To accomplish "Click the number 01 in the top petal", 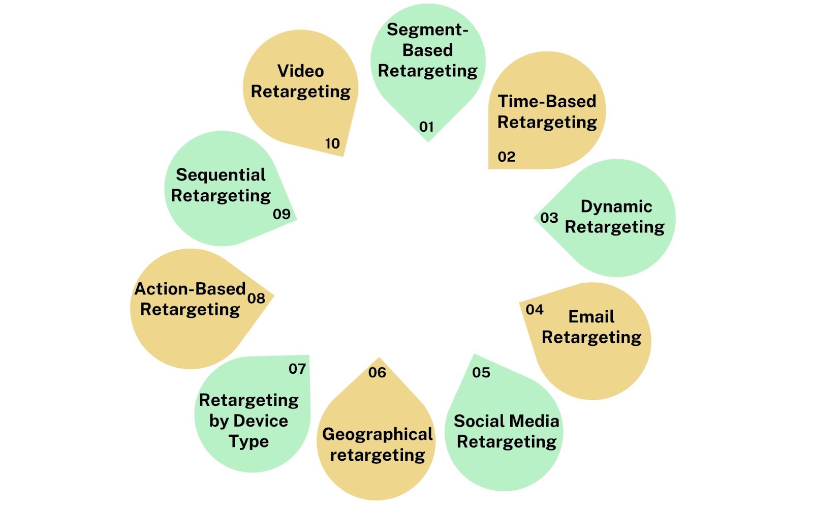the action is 426,127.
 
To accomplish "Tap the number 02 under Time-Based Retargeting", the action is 507,157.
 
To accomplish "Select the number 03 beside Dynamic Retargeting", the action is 549,218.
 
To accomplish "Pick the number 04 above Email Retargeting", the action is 535,310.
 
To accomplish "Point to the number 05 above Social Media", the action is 481,372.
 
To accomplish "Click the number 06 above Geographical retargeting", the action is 377,372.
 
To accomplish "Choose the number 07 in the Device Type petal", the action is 297,369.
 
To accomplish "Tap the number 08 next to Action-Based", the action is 256,298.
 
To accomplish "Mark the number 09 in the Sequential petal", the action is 282,214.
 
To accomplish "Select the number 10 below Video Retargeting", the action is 332,143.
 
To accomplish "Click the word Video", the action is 300,71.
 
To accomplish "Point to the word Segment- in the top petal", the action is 427,29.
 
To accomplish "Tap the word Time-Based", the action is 547,101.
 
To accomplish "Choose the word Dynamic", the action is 616,206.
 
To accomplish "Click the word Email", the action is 591,316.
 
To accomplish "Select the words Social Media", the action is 506,421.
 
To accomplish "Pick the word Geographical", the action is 378,434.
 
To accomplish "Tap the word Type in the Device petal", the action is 248,442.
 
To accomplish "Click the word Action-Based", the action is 190,289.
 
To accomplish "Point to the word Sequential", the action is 221,175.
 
